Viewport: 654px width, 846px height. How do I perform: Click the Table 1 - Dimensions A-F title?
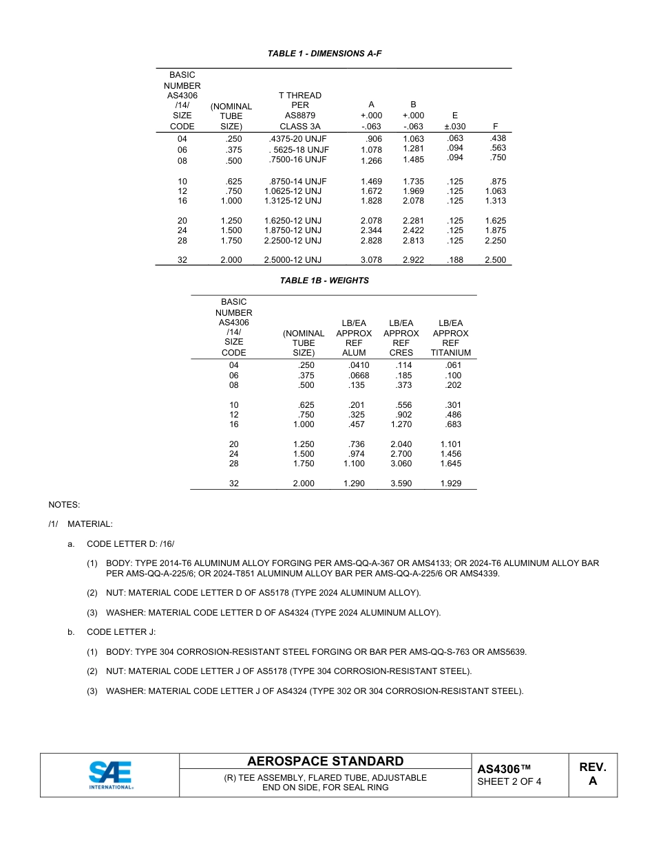tap(324, 53)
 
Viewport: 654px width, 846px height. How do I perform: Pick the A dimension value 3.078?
tap(371, 260)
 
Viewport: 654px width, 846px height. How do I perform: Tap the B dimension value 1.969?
tap(413, 191)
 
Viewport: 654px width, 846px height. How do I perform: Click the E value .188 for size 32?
tap(454, 260)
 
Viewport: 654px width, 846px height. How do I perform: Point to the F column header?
tap(495, 127)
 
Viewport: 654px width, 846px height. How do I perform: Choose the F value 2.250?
tap(495, 241)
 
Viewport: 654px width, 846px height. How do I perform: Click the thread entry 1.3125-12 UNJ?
tap(293, 201)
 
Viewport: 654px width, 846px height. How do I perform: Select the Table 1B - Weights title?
tap(324, 281)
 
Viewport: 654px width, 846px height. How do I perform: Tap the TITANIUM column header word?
tap(451, 353)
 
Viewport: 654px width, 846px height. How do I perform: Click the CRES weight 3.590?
tap(401, 484)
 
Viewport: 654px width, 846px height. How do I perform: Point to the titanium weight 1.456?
tap(451, 454)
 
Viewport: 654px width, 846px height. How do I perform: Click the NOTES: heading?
tap(64, 505)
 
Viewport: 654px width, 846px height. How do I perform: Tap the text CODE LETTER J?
tap(121, 632)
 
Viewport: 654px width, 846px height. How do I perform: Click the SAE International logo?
tap(111, 774)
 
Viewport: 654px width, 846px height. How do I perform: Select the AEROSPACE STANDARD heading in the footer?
tap(325, 761)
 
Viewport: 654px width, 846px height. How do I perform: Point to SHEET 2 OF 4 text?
tap(509, 781)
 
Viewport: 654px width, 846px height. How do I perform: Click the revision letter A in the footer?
tap(592, 781)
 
